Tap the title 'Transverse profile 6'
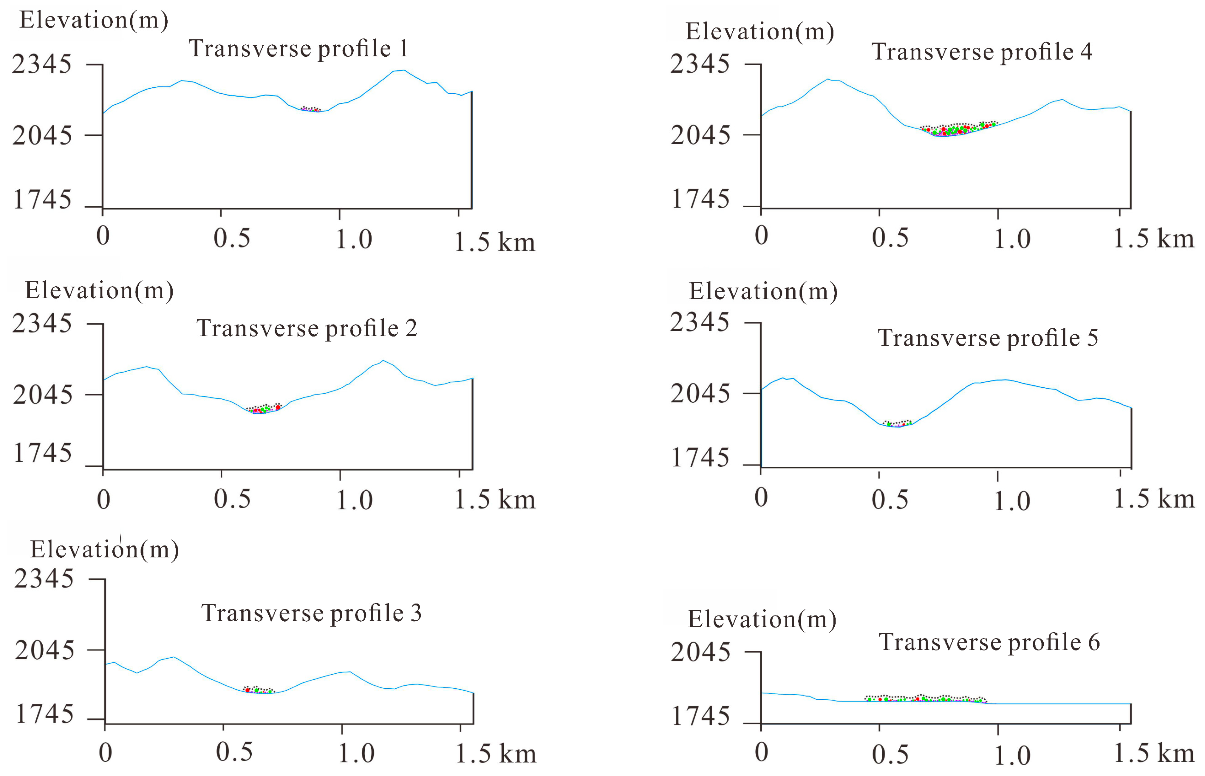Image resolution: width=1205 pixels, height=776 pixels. point(989,642)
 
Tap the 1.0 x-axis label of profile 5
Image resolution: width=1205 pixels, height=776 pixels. point(1011,501)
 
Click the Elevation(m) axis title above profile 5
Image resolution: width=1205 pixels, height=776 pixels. point(763,291)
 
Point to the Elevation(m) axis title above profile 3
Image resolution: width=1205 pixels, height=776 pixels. point(104,549)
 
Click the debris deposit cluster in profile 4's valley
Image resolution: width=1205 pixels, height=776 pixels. point(957,129)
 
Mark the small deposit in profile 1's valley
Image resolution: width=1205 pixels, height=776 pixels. point(310,109)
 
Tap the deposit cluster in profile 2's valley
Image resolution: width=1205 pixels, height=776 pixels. point(264,409)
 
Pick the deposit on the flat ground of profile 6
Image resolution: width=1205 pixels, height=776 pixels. point(925,698)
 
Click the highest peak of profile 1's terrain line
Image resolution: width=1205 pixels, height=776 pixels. point(403,71)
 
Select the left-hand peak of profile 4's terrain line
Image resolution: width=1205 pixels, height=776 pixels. point(828,79)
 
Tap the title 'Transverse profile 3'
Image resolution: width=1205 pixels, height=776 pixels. point(311,613)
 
